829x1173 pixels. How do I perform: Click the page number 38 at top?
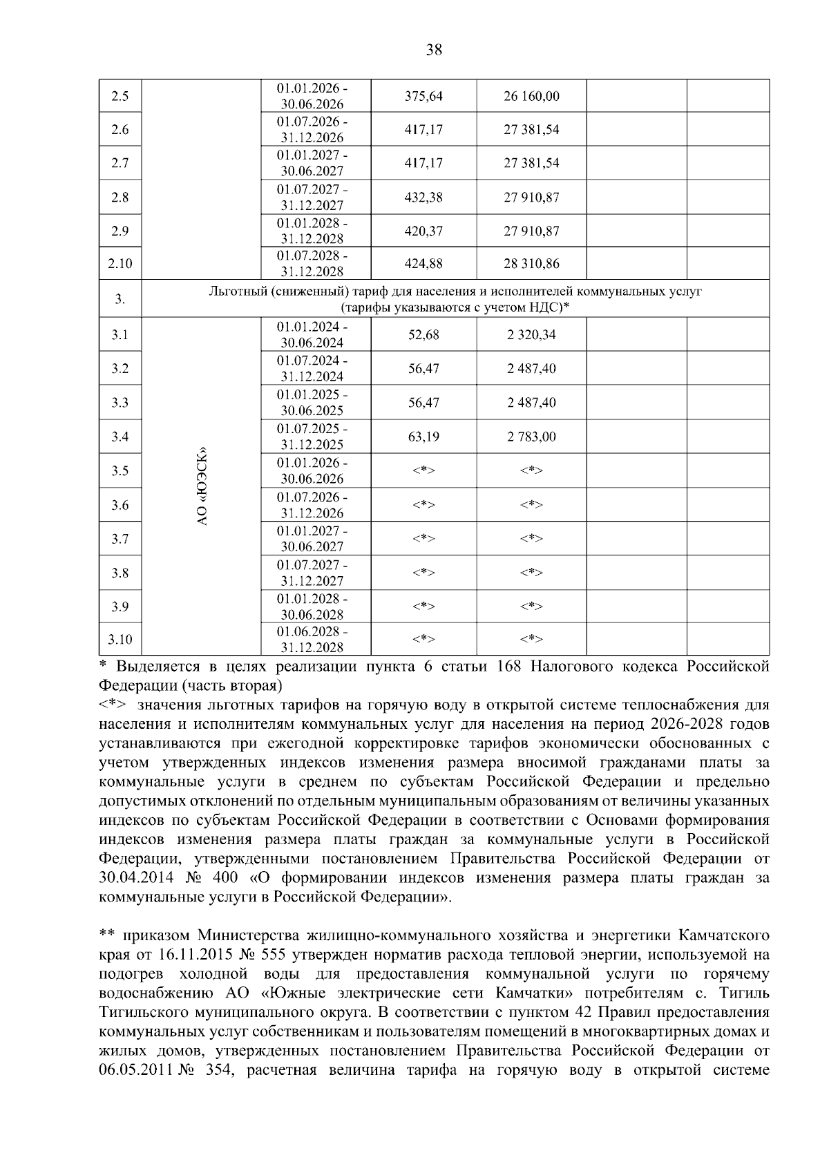tap(434, 50)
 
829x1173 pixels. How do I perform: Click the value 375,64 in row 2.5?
tap(423, 96)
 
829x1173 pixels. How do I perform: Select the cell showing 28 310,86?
tap(531, 264)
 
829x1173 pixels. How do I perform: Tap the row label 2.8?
tap(120, 198)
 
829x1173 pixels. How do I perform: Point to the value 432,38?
tap(423, 198)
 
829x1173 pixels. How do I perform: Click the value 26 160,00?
tap(531, 96)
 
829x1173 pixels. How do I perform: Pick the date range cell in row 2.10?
tap(312, 264)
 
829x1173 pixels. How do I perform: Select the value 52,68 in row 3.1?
tap(423, 335)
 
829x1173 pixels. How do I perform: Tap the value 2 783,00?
tap(531, 437)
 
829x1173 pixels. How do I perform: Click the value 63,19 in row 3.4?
tap(423, 437)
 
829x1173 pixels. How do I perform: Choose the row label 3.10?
tap(120, 640)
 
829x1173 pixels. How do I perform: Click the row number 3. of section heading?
tap(120, 299)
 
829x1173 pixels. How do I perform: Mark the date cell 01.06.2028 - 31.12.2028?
tap(312, 640)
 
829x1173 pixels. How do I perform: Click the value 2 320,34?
tap(531, 335)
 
